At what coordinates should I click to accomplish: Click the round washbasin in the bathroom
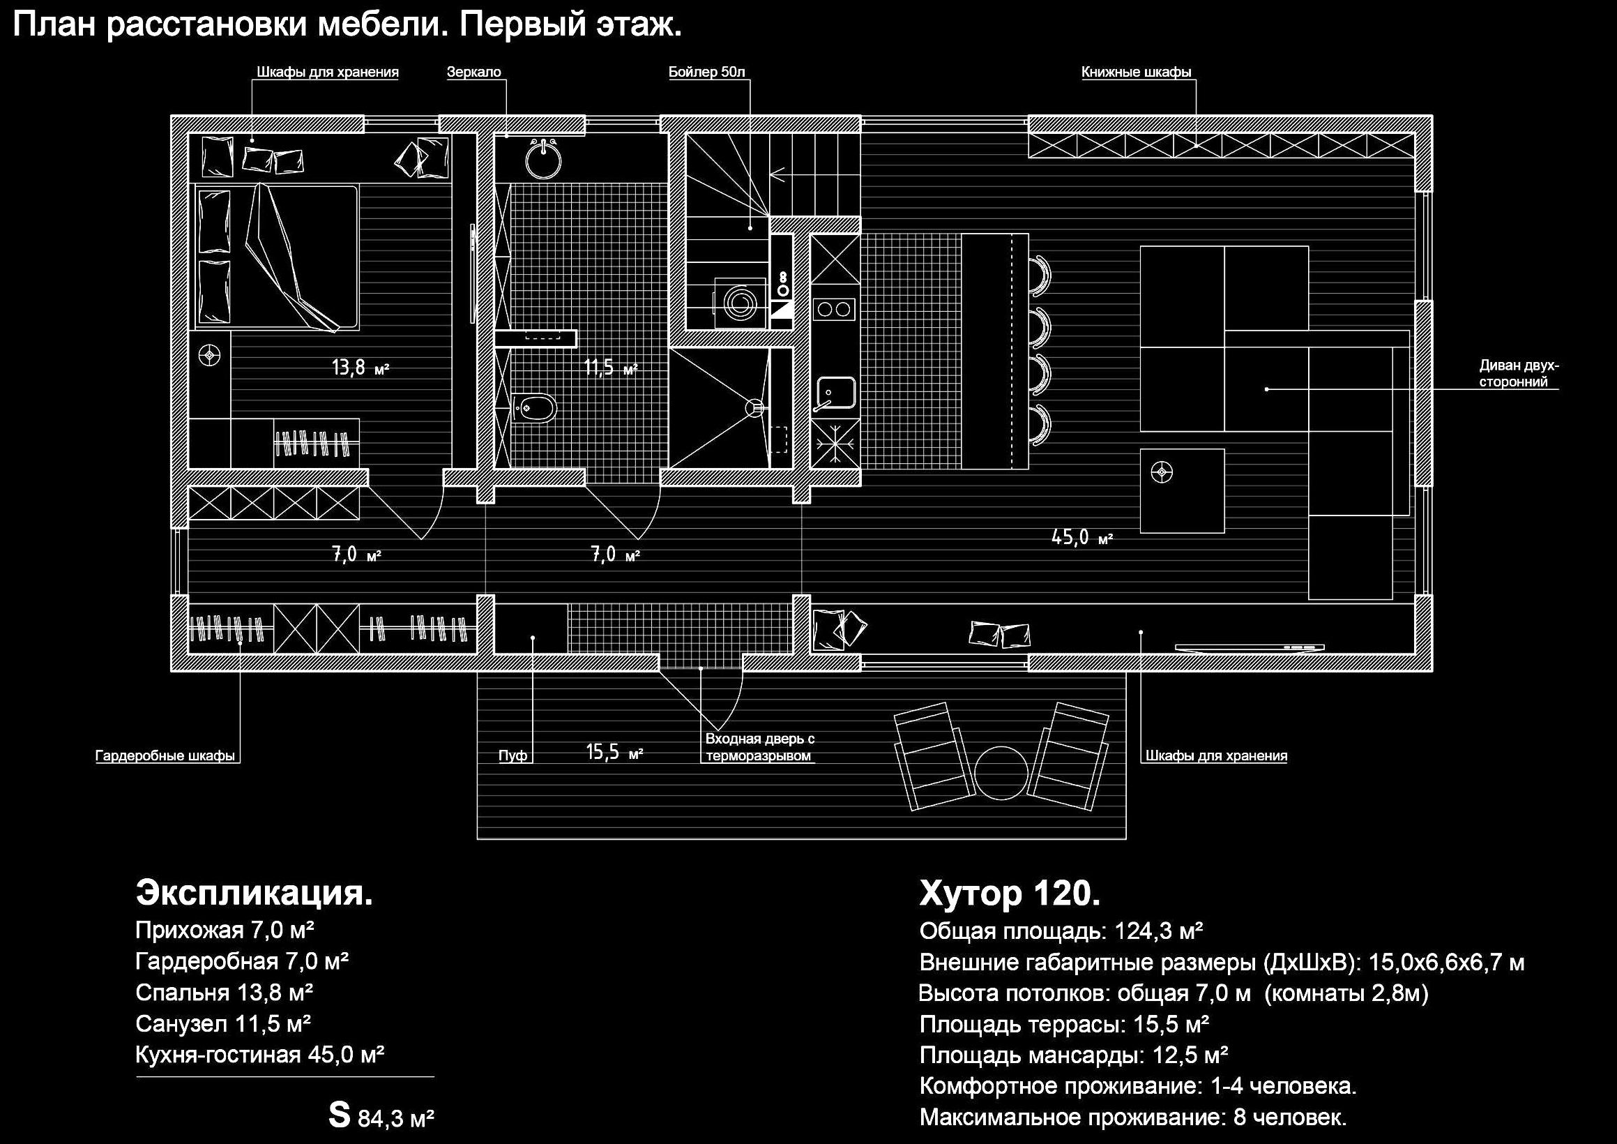tap(544, 159)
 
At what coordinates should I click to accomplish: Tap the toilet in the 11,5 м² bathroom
tap(535, 407)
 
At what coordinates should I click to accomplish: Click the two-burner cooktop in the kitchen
tap(835, 309)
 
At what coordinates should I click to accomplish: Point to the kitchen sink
tap(835, 394)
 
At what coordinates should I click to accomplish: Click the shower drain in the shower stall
tap(754, 407)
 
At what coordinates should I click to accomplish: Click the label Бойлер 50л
tap(706, 72)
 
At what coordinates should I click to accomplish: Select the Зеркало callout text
tap(474, 72)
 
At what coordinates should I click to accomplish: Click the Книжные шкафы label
tap(1136, 72)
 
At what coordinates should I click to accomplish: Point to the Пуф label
tap(513, 756)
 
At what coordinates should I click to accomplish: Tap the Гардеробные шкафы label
tap(165, 756)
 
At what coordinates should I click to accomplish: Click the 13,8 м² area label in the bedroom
tap(360, 367)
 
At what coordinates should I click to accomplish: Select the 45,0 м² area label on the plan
tap(1081, 538)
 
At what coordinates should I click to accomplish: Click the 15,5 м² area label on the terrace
tap(614, 753)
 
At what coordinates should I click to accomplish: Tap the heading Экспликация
tap(255, 892)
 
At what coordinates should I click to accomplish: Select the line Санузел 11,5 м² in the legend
tap(223, 1023)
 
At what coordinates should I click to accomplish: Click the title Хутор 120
tap(1009, 893)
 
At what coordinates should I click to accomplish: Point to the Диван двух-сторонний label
tap(1519, 374)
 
